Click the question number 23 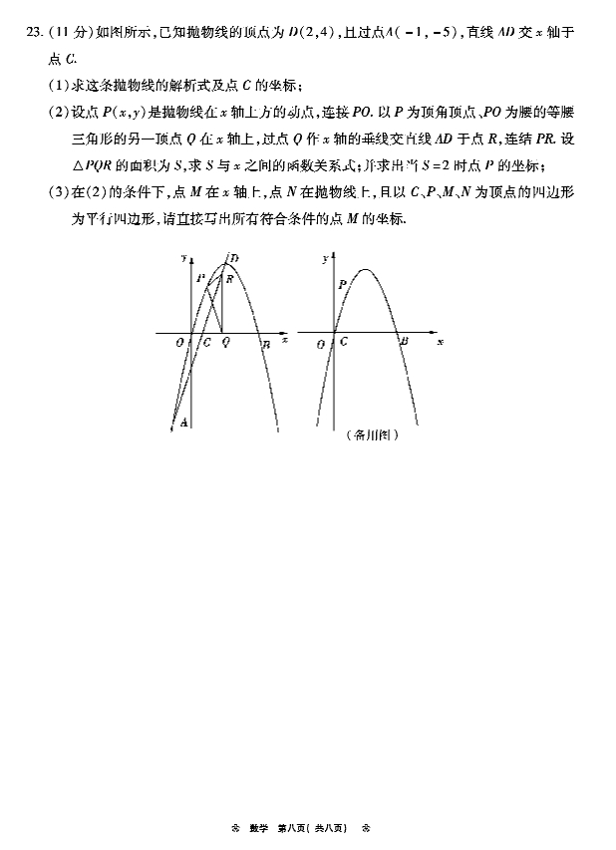(x=36, y=33)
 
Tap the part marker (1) (x=57, y=85)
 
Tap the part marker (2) (x=57, y=111)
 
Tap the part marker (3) (x=57, y=192)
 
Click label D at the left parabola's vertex (x=233, y=259)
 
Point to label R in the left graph (x=229, y=280)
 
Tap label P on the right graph (x=342, y=284)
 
